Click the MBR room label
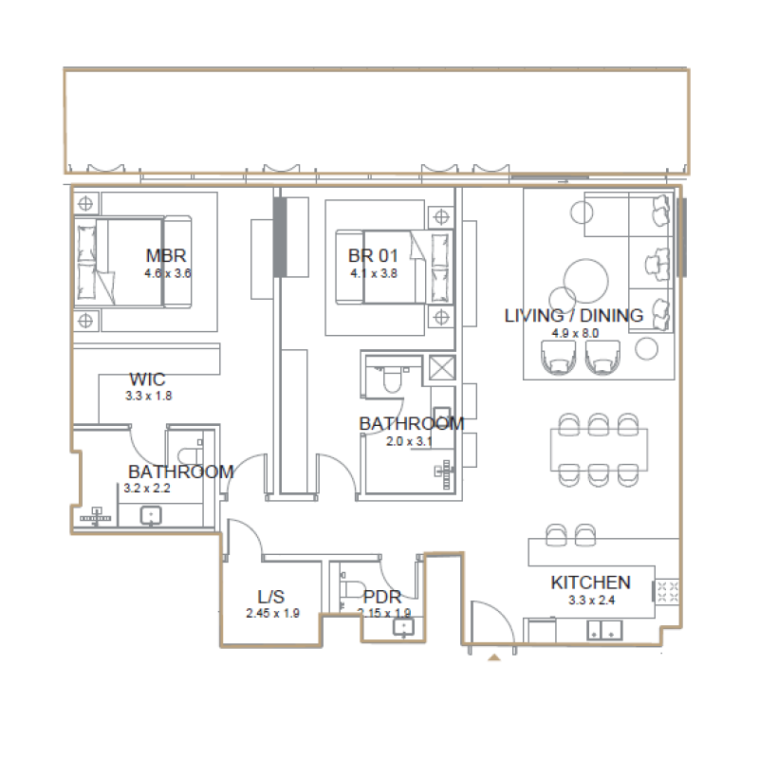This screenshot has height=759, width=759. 165,255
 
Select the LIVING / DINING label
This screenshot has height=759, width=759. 573,316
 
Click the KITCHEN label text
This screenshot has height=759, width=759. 590,583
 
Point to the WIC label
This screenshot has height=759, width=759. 147,380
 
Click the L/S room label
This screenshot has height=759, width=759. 271,597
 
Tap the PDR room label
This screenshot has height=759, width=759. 382,597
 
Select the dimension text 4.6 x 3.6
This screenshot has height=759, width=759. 167,273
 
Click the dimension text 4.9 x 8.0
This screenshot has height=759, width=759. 574,334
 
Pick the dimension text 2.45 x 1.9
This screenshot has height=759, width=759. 272,613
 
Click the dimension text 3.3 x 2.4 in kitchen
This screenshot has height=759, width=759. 590,600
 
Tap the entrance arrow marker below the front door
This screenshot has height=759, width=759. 493,656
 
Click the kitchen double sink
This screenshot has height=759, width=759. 604,627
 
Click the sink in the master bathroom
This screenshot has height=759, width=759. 151,516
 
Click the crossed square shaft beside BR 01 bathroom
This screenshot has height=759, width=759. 443,368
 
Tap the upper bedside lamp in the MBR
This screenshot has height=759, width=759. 86,203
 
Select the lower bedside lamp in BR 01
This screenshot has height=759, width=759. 439,315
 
